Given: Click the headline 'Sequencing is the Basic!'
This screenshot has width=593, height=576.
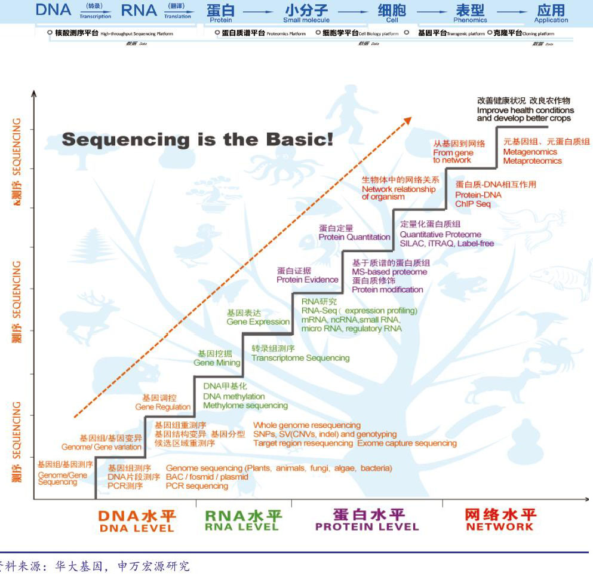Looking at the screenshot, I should pyautogui.click(x=198, y=139).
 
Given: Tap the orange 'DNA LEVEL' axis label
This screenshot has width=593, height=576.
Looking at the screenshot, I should pyautogui.click(x=136, y=528).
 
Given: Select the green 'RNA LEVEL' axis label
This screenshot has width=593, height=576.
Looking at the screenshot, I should pyautogui.click(x=242, y=527).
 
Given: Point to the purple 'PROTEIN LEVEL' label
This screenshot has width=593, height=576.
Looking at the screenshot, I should pyautogui.click(x=367, y=527).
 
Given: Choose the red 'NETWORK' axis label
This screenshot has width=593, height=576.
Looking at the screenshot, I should pyautogui.click(x=500, y=527).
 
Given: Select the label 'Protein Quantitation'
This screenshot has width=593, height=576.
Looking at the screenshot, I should pyautogui.click(x=354, y=237).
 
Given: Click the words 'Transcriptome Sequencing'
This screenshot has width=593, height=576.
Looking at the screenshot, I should pyautogui.click(x=300, y=358).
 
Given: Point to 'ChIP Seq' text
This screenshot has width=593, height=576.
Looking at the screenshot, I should pyautogui.click(x=473, y=204).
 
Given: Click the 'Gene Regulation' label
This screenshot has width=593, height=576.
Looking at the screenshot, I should pyautogui.click(x=163, y=407).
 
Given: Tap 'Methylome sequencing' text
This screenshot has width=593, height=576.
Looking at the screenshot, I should pyautogui.click(x=245, y=406).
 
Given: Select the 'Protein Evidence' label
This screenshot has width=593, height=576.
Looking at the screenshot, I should pyautogui.click(x=307, y=280).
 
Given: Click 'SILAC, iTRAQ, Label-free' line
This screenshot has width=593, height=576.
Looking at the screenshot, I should pyautogui.click(x=447, y=244).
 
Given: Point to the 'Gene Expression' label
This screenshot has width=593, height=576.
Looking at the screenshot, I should pyautogui.click(x=258, y=322).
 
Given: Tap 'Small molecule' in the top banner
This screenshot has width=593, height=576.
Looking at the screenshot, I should pyautogui.click(x=306, y=20).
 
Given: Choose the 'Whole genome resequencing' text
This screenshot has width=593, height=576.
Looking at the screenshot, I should pyautogui.click(x=307, y=425).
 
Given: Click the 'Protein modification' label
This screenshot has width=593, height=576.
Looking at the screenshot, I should pyautogui.click(x=388, y=290).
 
